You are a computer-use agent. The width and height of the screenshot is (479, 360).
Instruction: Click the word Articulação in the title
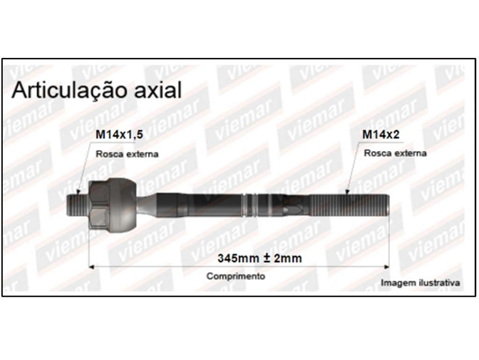click(69, 90)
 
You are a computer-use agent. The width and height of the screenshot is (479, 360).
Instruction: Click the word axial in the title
click(158, 90)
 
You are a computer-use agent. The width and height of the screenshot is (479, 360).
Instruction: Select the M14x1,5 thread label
click(119, 134)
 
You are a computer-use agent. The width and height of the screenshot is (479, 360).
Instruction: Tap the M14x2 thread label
click(381, 134)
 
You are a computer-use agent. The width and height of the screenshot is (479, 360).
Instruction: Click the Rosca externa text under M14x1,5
click(127, 154)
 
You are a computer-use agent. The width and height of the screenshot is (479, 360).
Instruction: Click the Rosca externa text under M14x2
click(395, 153)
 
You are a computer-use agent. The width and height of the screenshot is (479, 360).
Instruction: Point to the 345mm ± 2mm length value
click(260, 259)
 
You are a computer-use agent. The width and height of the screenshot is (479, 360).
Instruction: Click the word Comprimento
click(236, 276)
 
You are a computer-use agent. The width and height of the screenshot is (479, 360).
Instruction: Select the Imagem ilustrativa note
click(421, 283)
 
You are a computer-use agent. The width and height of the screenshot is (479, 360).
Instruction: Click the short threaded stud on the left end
click(77, 205)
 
